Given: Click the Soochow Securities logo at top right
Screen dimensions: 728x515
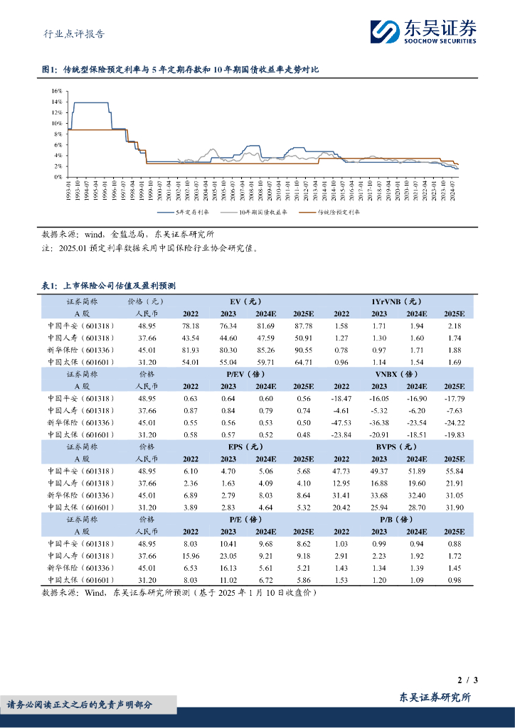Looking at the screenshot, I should coord(423,31).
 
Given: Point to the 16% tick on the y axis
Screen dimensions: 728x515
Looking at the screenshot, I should coord(57,91).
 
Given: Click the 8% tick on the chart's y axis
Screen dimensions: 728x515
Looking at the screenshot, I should coord(58,134).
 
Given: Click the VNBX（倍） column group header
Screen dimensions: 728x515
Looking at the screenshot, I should coord(396,373).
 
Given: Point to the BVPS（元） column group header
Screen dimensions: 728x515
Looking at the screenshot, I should coord(396,446).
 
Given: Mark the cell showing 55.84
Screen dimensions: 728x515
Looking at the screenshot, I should coord(453,471).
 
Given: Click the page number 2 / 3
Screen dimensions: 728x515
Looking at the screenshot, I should coord(467,680).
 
